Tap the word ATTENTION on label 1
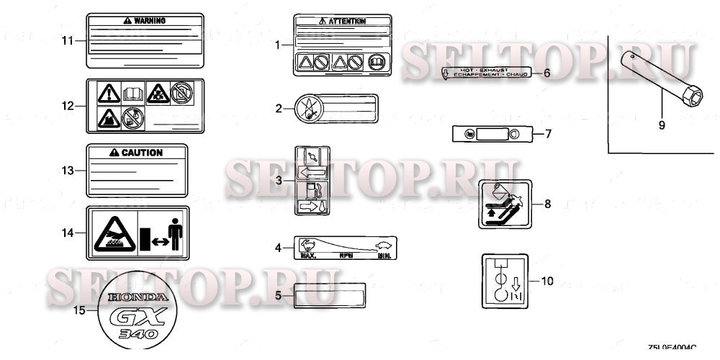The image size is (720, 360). click(x=347, y=22)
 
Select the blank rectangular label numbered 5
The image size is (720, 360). click(x=330, y=294)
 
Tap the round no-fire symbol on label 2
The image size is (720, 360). click(x=308, y=109)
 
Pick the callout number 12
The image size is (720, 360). click(x=68, y=107)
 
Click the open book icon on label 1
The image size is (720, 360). click(x=376, y=63)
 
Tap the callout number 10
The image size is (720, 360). click(x=547, y=281)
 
